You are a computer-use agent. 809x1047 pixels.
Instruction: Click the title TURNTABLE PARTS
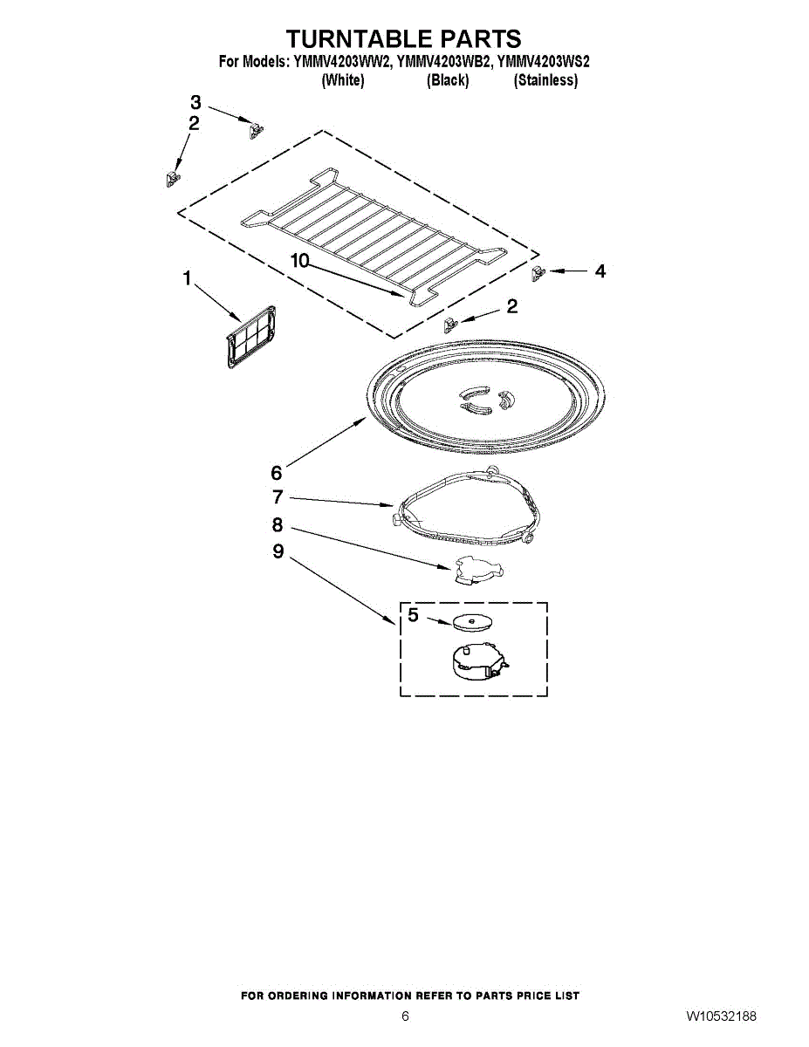point(404,38)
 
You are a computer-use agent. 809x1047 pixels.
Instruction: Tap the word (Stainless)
point(545,80)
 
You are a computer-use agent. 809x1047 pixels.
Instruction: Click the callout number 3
point(195,100)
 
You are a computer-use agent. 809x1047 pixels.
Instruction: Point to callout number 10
point(299,260)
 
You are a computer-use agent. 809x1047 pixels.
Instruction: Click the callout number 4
point(600,271)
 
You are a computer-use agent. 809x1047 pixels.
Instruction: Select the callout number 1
point(186,278)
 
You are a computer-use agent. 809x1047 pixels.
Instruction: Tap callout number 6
point(276,473)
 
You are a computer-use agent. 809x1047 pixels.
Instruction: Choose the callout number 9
point(278,551)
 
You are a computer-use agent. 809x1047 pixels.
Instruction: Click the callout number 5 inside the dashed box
point(414,615)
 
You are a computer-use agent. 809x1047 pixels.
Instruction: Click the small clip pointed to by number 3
point(256,130)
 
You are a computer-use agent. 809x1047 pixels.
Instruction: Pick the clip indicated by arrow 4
point(538,274)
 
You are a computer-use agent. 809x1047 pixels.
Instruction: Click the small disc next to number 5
point(471,622)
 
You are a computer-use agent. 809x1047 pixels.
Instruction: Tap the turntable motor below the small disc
point(475,661)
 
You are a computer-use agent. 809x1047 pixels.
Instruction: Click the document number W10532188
point(720,1016)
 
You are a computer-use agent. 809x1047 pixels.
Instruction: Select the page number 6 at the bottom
point(405,1016)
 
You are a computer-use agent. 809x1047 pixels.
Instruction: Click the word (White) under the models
point(342,80)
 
